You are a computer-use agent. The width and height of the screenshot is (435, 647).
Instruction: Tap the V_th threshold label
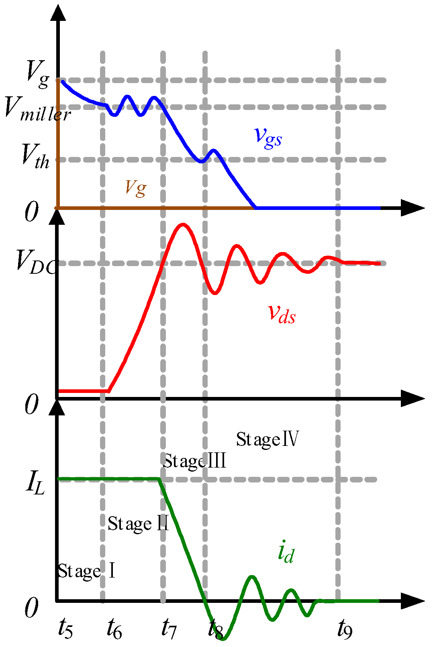pyautogui.click(x=35, y=157)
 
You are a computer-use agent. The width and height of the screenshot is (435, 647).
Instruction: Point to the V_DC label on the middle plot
pyautogui.click(x=35, y=262)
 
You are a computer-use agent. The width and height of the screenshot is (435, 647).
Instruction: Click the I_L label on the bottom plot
pyautogui.click(x=35, y=483)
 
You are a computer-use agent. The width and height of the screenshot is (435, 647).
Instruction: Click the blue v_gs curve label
pyautogui.click(x=268, y=137)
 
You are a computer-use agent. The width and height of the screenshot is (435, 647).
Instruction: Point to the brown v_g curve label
pyautogui.click(x=135, y=187)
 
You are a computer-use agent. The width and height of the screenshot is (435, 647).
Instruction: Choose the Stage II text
pyautogui.click(x=138, y=524)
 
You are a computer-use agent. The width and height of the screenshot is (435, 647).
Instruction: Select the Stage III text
pyautogui.click(x=194, y=461)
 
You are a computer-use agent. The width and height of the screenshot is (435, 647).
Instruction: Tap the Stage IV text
pyautogui.click(x=267, y=439)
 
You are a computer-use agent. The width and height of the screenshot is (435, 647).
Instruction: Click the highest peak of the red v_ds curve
pyautogui.click(x=183, y=224)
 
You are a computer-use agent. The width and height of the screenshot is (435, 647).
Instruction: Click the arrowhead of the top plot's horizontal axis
pyautogui.click(x=414, y=208)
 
